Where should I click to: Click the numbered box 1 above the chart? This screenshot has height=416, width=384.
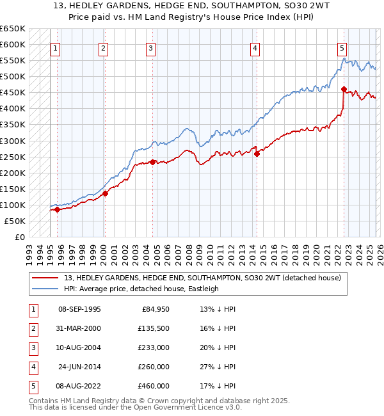coord(56,48)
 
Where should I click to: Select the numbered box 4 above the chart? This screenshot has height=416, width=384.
coord(255,48)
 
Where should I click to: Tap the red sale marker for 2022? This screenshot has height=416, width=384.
coord(344,89)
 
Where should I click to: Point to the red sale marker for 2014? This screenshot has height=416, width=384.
coord(257,154)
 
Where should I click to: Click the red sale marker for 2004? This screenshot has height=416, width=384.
coord(152,162)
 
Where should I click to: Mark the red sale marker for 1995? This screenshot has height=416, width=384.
coord(58,209)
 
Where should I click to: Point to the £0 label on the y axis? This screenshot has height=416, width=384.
coord(19,237)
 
